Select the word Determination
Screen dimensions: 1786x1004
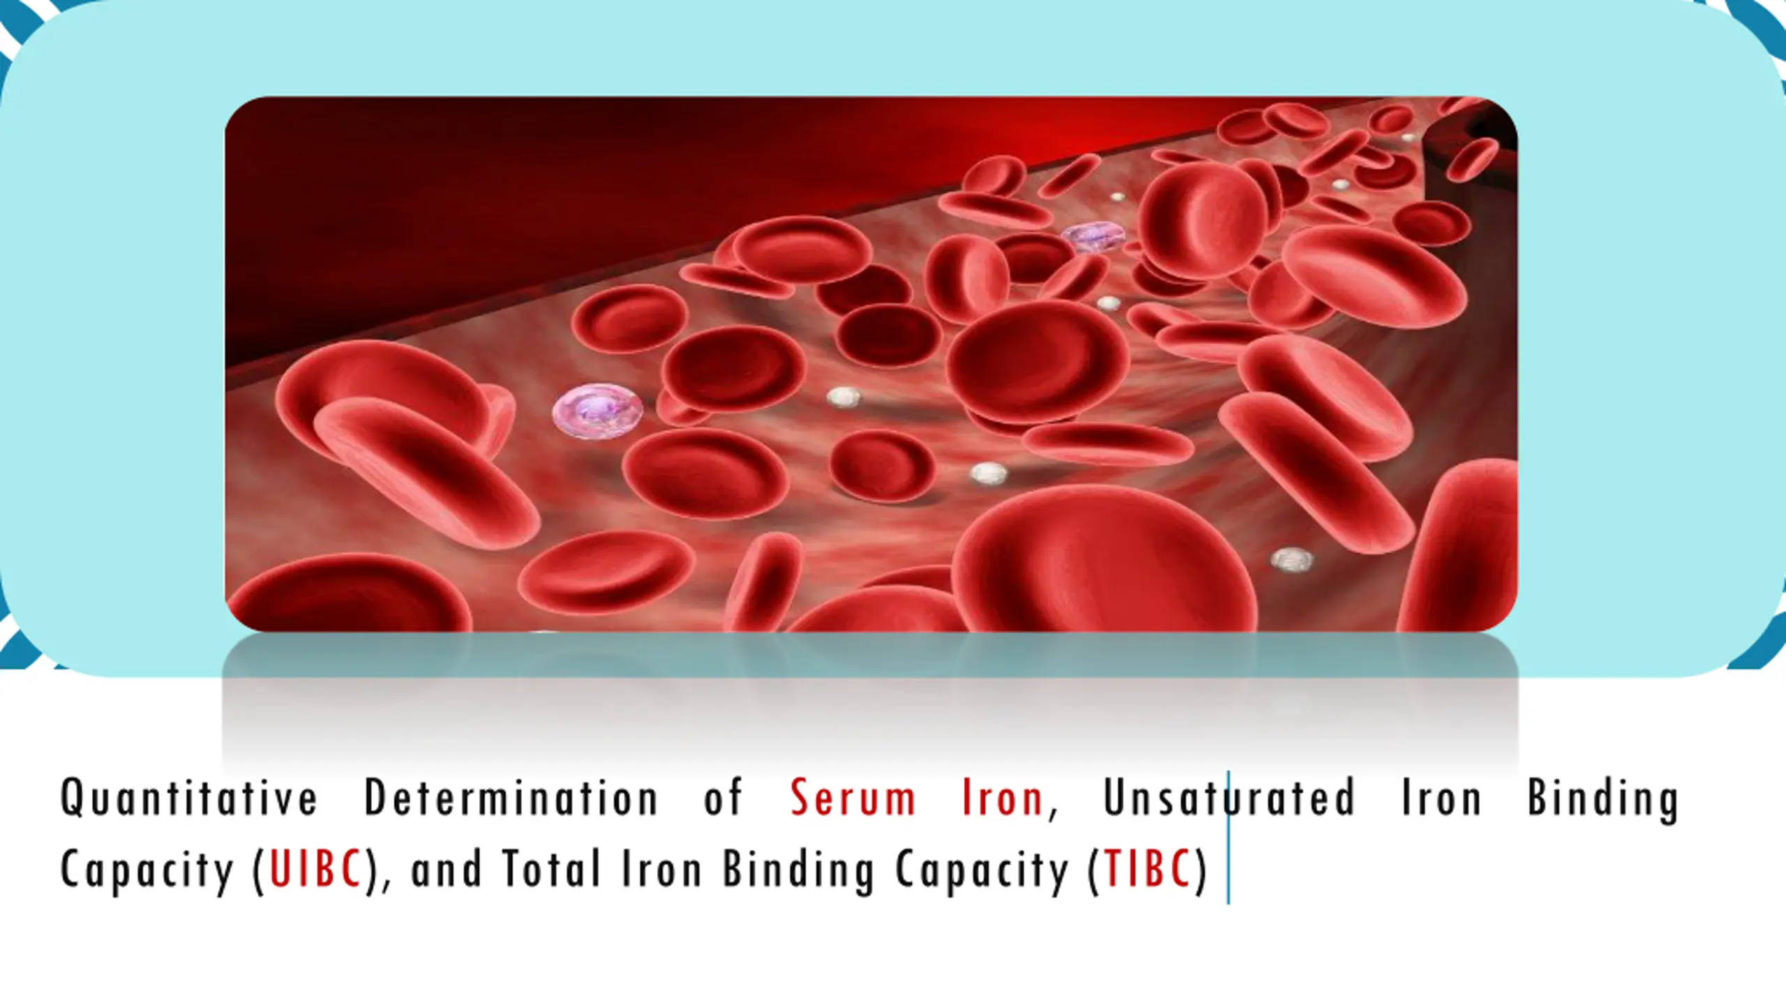[511, 797]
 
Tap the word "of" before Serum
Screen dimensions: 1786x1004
[723, 798]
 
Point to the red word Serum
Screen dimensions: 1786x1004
[853, 798]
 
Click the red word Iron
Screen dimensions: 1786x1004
[1002, 798]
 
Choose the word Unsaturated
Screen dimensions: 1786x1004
[1229, 798]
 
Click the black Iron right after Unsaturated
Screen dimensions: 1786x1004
[1441, 798]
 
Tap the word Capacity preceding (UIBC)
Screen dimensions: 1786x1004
[147, 871]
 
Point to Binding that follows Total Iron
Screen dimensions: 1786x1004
[798, 871]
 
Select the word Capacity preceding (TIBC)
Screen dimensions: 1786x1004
[982, 871]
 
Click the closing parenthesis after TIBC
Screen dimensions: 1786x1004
[1201, 870]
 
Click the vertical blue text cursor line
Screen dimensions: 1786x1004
[1228, 837]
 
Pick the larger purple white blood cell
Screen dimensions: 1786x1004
[597, 413]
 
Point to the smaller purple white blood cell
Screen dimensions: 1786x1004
[1094, 236]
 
